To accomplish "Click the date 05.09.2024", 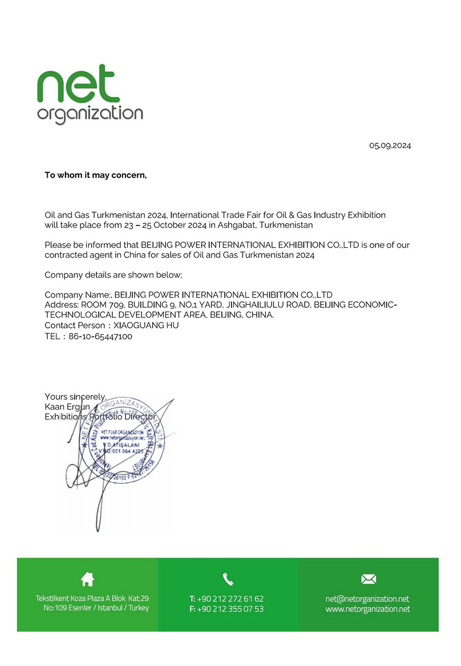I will point(390,145).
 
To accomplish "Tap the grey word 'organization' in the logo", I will point(90,114).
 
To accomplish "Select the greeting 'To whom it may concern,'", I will point(95,175).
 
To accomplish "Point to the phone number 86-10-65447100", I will point(100,337).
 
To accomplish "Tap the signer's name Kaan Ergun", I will point(67,407).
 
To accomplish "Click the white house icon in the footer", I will point(88,579).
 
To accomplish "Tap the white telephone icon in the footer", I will point(228,579).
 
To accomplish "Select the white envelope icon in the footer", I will point(368,579).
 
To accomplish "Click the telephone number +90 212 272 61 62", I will point(230,599).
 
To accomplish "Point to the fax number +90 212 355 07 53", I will point(230,609).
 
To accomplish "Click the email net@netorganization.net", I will point(367,599).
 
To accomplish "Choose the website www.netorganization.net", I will point(367,609).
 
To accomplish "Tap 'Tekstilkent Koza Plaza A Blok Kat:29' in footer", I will point(92,598).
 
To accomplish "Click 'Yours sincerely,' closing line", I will point(75,397).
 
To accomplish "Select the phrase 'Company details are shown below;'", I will point(113,275).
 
